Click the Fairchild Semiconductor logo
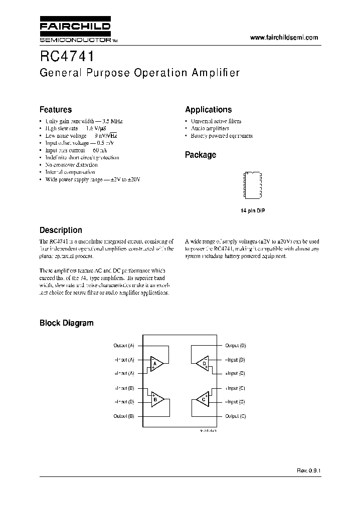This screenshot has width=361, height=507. click(75, 31)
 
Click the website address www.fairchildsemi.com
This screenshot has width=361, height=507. click(283, 38)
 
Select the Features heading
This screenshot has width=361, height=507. click(56, 110)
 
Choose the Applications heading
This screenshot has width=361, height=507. click(208, 110)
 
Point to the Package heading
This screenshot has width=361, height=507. click(201, 155)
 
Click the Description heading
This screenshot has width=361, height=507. click(61, 230)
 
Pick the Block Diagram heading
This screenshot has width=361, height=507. click(66, 323)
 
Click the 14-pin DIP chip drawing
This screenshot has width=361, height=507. click(253, 184)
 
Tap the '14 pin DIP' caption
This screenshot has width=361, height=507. click(253, 211)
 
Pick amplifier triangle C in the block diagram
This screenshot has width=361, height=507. click(203, 399)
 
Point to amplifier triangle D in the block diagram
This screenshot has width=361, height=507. click(203, 363)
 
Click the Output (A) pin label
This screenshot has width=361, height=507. click(124, 346)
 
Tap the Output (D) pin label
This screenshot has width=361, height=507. click(235, 346)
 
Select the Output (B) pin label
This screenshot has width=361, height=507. click(124, 416)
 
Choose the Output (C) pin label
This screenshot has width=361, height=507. click(235, 416)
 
